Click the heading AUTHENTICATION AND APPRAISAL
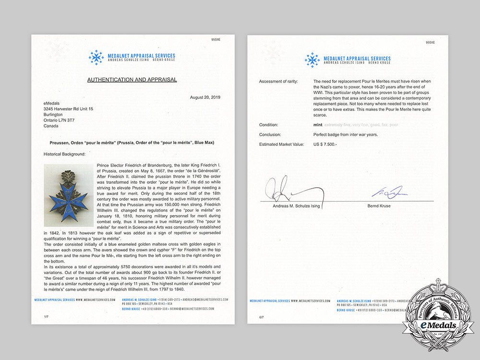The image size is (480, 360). tap(132, 80)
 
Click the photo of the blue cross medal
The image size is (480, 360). tap(69, 195)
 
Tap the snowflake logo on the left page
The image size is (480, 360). tap(96, 58)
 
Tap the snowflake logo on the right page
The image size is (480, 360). tap(312, 60)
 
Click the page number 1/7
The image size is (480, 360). tap(46, 317)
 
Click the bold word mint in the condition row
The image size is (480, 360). tap(318, 125)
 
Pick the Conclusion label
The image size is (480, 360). tap(270, 134)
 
